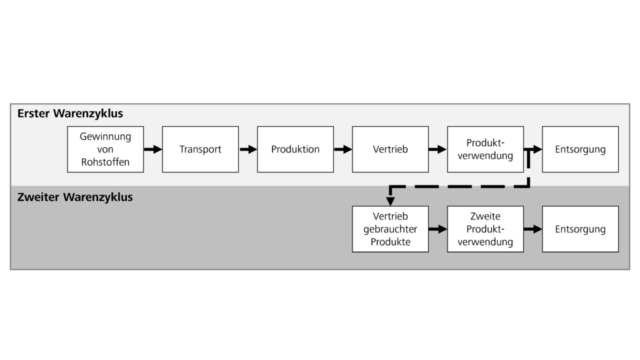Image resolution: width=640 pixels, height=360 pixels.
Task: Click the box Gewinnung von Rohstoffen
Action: pos(105,149)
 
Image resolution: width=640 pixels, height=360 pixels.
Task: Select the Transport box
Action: pos(200,149)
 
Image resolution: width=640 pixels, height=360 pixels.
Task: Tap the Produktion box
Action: pos(295,149)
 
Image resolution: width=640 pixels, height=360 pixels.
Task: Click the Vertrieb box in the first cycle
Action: pos(390,149)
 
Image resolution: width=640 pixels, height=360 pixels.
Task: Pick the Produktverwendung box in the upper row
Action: pos(485,149)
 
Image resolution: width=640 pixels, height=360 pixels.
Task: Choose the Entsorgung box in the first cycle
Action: pos(580,149)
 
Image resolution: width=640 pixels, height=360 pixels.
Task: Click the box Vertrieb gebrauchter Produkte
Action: pos(390,229)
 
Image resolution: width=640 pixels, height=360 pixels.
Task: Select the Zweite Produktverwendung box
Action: pos(485,229)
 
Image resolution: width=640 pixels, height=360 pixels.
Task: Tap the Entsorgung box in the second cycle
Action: pos(580,229)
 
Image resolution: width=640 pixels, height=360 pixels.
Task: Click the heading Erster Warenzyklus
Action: pos(70,114)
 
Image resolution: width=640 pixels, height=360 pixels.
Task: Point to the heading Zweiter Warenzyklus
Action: pos(75,197)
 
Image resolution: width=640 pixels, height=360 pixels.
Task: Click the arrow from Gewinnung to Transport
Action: pos(152,149)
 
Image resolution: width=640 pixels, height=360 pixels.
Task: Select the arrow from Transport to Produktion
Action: pos(248,149)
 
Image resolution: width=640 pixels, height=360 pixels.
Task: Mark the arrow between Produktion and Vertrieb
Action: pos(342,149)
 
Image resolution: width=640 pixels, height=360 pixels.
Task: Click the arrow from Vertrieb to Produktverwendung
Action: pos(437,149)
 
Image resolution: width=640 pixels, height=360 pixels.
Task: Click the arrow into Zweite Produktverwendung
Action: pos(437,229)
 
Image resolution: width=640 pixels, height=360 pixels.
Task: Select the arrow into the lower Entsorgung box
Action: pos(532,229)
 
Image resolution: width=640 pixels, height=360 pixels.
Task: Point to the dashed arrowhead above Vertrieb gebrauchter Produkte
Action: pos(390,201)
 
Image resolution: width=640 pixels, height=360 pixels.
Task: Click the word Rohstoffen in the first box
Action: pos(105,162)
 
